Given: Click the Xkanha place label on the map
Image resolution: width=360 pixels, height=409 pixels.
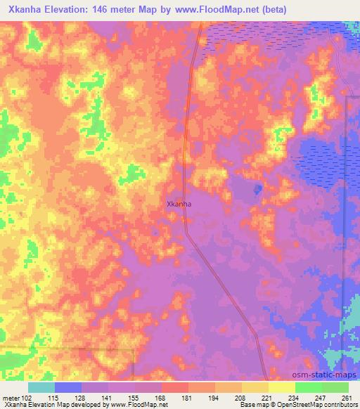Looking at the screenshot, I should pos(179,204).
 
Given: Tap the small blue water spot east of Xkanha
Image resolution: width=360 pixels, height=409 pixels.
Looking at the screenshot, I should pos(257,188).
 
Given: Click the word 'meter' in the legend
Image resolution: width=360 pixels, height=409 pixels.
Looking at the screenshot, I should pos(11,397).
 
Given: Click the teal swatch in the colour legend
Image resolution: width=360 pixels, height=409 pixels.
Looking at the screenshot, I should pos(41,387).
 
